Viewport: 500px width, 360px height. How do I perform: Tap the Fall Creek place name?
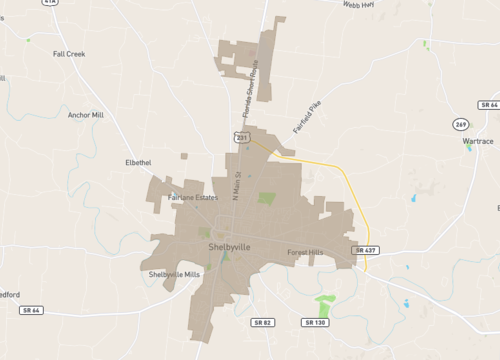point(69,53)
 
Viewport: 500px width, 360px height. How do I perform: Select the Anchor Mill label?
point(85,115)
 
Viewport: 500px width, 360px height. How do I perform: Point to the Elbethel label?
point(138,162)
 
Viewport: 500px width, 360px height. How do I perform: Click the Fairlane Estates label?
point(193,197)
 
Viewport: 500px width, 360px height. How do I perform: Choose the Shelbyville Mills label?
point(174,274)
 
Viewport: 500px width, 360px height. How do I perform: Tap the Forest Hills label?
point(304,252)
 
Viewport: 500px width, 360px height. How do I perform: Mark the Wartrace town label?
point(478,142)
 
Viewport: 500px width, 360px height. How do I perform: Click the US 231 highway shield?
point(241,136)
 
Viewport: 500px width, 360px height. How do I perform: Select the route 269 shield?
point(459,124)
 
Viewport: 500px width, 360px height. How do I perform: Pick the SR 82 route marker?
point(263,322)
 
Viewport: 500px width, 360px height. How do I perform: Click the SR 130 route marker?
point(315,322)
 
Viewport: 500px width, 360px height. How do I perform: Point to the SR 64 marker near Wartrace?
point(488,104)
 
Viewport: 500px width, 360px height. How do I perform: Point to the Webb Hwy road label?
point(358,5)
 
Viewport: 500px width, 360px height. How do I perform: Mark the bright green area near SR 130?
point(324,303)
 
